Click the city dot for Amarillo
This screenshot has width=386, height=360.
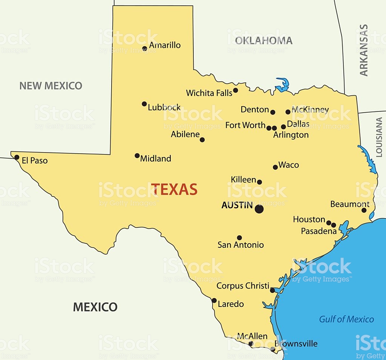point(145,49)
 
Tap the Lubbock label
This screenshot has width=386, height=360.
point(164,107)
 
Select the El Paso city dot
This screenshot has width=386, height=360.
point(17,157)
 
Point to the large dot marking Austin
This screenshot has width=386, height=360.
point(259,209)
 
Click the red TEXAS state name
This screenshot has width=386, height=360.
point(174,189)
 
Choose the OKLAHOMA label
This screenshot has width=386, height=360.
point(263,41)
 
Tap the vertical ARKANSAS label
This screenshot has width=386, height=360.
point(364,50)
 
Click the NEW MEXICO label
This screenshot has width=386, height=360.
point(51,86)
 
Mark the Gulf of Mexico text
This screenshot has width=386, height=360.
point(346,319)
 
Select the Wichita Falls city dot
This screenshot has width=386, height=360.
point(236,90)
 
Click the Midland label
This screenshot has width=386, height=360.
point(156,159)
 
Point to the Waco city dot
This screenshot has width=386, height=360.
point(275,167)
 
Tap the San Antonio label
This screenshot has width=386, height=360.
point(240,245)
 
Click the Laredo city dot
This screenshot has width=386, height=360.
point(214,301)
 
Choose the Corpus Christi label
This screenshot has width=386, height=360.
point(243,286)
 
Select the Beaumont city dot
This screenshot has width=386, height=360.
point(364,210)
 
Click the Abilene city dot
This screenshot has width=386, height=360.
point(202,140)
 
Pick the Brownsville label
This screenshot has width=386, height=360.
point(296,343)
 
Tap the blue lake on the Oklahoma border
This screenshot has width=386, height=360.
point(282,85)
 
